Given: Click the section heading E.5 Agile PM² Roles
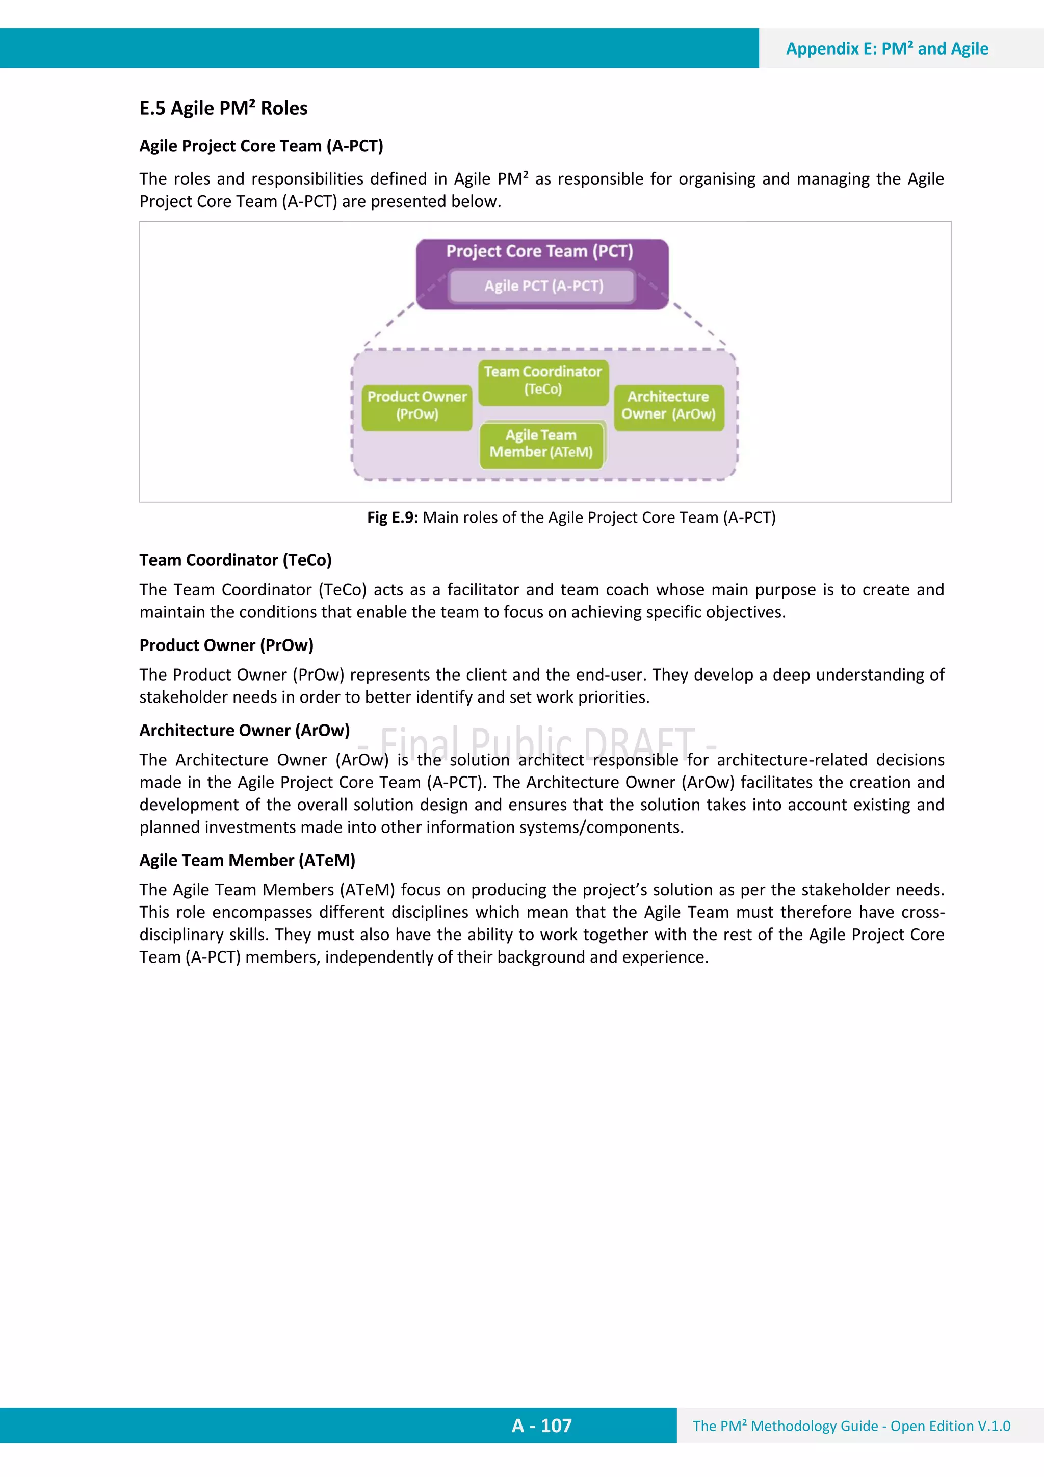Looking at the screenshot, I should click(x=223, y=108).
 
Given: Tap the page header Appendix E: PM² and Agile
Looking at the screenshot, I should click(x=886, y=49).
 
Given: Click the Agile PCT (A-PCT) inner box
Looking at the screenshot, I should click(x=543, y=286).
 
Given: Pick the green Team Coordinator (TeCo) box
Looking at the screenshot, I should click(x=543, y=381).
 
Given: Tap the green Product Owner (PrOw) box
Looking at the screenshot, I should click(x=417, y=405).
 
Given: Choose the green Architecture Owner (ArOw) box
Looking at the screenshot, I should click(x=668, y=405).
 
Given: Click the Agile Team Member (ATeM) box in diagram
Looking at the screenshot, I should click(x=541, y=444).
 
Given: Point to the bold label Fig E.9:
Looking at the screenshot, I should click(x=393, y=518).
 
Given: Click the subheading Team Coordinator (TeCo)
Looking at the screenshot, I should click(x=236, y=560).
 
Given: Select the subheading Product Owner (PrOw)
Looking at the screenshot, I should click(x=226, y=645).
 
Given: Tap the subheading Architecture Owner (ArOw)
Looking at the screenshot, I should click(x=245, y=730).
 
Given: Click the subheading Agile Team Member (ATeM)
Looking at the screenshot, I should click(x=247, y=860).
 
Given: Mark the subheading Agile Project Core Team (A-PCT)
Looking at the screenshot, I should click(x=261, y=146).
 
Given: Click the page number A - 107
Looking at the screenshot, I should click(x=541, y=1426).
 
